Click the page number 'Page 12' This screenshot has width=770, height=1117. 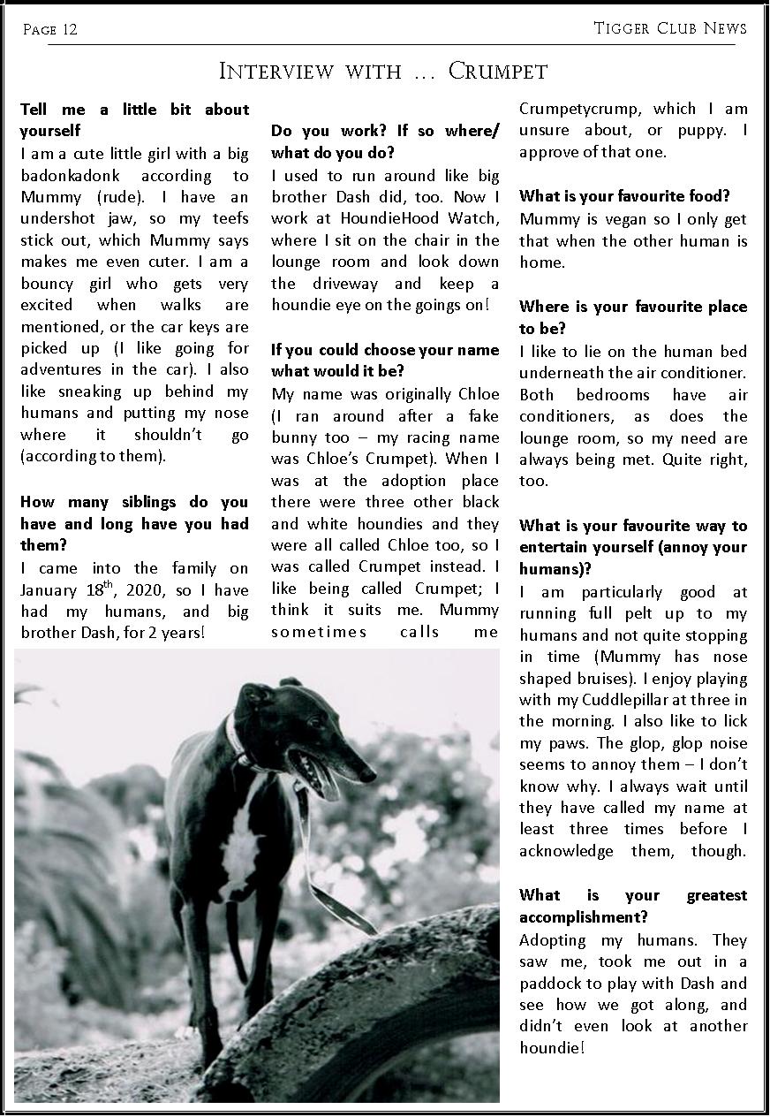[x=50, y=30]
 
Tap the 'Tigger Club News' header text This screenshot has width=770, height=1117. [x=670, y=28]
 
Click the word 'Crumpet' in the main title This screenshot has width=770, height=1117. [x=498, y=71]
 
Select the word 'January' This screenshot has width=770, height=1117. [x=49, y=589]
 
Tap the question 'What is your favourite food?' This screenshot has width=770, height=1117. [x=625, y=196]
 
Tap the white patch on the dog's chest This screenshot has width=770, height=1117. [x=242, y=848]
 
